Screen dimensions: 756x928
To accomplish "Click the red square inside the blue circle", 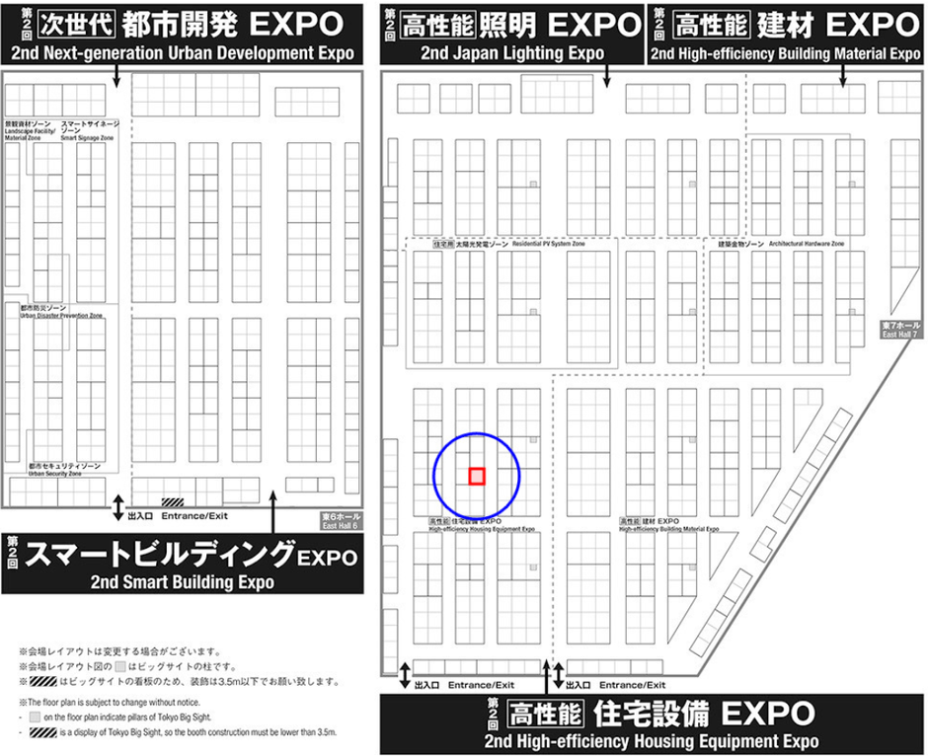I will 477,476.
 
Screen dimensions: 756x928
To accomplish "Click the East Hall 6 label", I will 342,521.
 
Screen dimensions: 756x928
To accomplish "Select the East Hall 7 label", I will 900,330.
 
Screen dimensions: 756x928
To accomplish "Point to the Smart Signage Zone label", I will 90,132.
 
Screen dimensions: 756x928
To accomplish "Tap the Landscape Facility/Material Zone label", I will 29,132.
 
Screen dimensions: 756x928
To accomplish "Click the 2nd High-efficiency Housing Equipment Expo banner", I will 653,724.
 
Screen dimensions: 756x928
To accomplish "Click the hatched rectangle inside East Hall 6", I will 173,502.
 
